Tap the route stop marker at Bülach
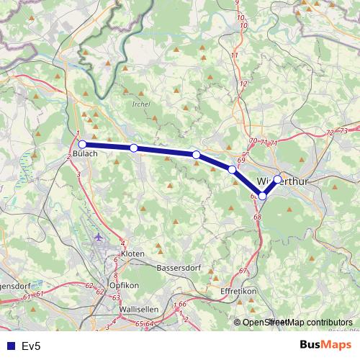(82, 144)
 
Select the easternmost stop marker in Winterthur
(277, 179)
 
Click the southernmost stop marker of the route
(263, 196)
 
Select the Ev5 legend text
(30, 346)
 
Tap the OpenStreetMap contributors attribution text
(297, 323)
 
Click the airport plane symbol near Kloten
(98, 236)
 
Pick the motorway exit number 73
(343, 130)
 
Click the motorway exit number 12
(243, 84)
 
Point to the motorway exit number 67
(243, 270)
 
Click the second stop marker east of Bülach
(196, 155)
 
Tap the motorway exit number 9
(237, 3)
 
